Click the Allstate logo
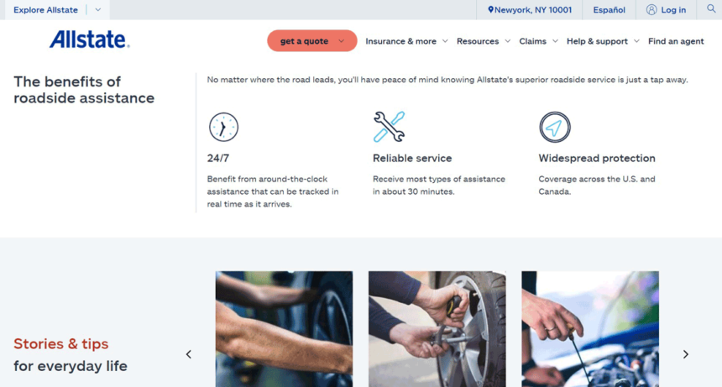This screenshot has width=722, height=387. pos(89,39)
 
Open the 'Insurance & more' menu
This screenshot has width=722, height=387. pos(406,41)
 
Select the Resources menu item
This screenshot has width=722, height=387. pos(483,41)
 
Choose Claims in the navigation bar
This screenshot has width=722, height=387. pos(537,41)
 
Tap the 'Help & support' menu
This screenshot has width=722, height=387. pos(602,41)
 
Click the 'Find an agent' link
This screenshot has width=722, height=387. pos(676,41)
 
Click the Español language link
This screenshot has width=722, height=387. pos(609,10)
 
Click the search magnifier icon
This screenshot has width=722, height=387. pos(711,9)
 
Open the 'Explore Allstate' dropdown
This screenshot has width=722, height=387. pos(55,10)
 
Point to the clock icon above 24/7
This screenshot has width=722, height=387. pos(223,127)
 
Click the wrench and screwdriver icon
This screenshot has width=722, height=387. pos(389,127)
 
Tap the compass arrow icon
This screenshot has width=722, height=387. pos(554,128)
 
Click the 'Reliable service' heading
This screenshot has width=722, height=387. pos(412,158)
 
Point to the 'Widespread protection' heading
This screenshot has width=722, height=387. pos(597,158)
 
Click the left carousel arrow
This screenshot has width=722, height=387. pos(189,354)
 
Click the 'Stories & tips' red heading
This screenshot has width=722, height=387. pos(61,343)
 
